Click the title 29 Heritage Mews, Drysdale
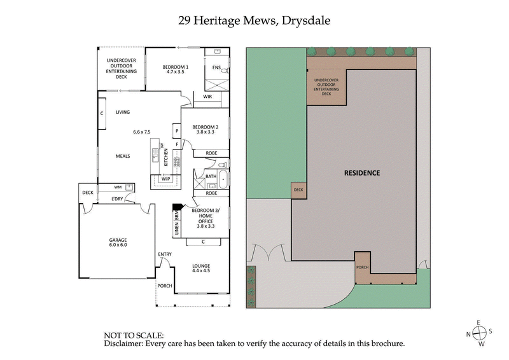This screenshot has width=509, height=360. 254,20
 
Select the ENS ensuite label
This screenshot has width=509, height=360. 216,67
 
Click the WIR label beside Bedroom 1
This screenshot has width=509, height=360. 207,97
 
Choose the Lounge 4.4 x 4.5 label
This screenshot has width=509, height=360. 201,268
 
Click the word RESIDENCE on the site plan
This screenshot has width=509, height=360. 362,172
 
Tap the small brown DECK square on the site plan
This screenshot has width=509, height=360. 298,190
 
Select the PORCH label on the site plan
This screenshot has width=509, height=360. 363,268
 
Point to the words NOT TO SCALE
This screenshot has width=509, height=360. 134,335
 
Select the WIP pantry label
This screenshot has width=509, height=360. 165,179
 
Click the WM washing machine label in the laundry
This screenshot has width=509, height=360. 118,187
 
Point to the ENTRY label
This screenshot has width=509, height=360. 165,254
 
